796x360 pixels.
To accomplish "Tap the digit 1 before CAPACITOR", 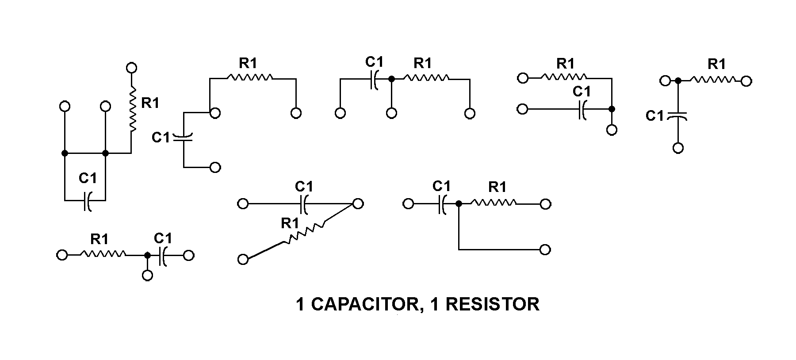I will [x=300, y=304].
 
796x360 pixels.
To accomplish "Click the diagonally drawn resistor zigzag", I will [x=305, y=233].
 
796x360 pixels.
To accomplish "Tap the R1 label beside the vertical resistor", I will [x=150, y=103].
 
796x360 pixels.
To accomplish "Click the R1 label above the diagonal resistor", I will [x=290, y=223].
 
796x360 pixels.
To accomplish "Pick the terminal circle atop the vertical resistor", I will [x=131, y=68].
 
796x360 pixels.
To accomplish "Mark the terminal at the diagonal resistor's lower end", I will [x=243, y=259].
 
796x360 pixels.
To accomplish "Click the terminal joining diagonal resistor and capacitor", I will [x=358, y=204].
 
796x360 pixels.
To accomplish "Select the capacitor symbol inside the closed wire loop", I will [x=87, y=201].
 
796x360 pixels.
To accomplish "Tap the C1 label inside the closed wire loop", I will [x=88, y=178].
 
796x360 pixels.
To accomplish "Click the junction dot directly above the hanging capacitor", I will [x=677, y=81].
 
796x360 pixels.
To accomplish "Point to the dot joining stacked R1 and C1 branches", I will [x=612, y=109].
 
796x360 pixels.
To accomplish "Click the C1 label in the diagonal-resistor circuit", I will [x=304, y=186].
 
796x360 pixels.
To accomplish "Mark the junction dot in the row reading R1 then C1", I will [x=147, y=255].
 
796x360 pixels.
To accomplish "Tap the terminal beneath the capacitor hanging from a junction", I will [x=678, y=148].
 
